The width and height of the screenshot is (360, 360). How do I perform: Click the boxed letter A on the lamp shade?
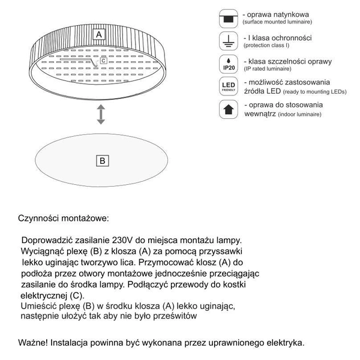100,35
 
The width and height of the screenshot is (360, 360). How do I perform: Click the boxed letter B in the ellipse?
103,160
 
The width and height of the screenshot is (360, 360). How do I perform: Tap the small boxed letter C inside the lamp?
104,61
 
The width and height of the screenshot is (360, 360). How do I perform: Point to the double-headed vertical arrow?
101,113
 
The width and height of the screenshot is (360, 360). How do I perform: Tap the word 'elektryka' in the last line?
284,343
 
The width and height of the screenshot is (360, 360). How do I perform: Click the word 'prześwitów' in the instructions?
174,316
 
